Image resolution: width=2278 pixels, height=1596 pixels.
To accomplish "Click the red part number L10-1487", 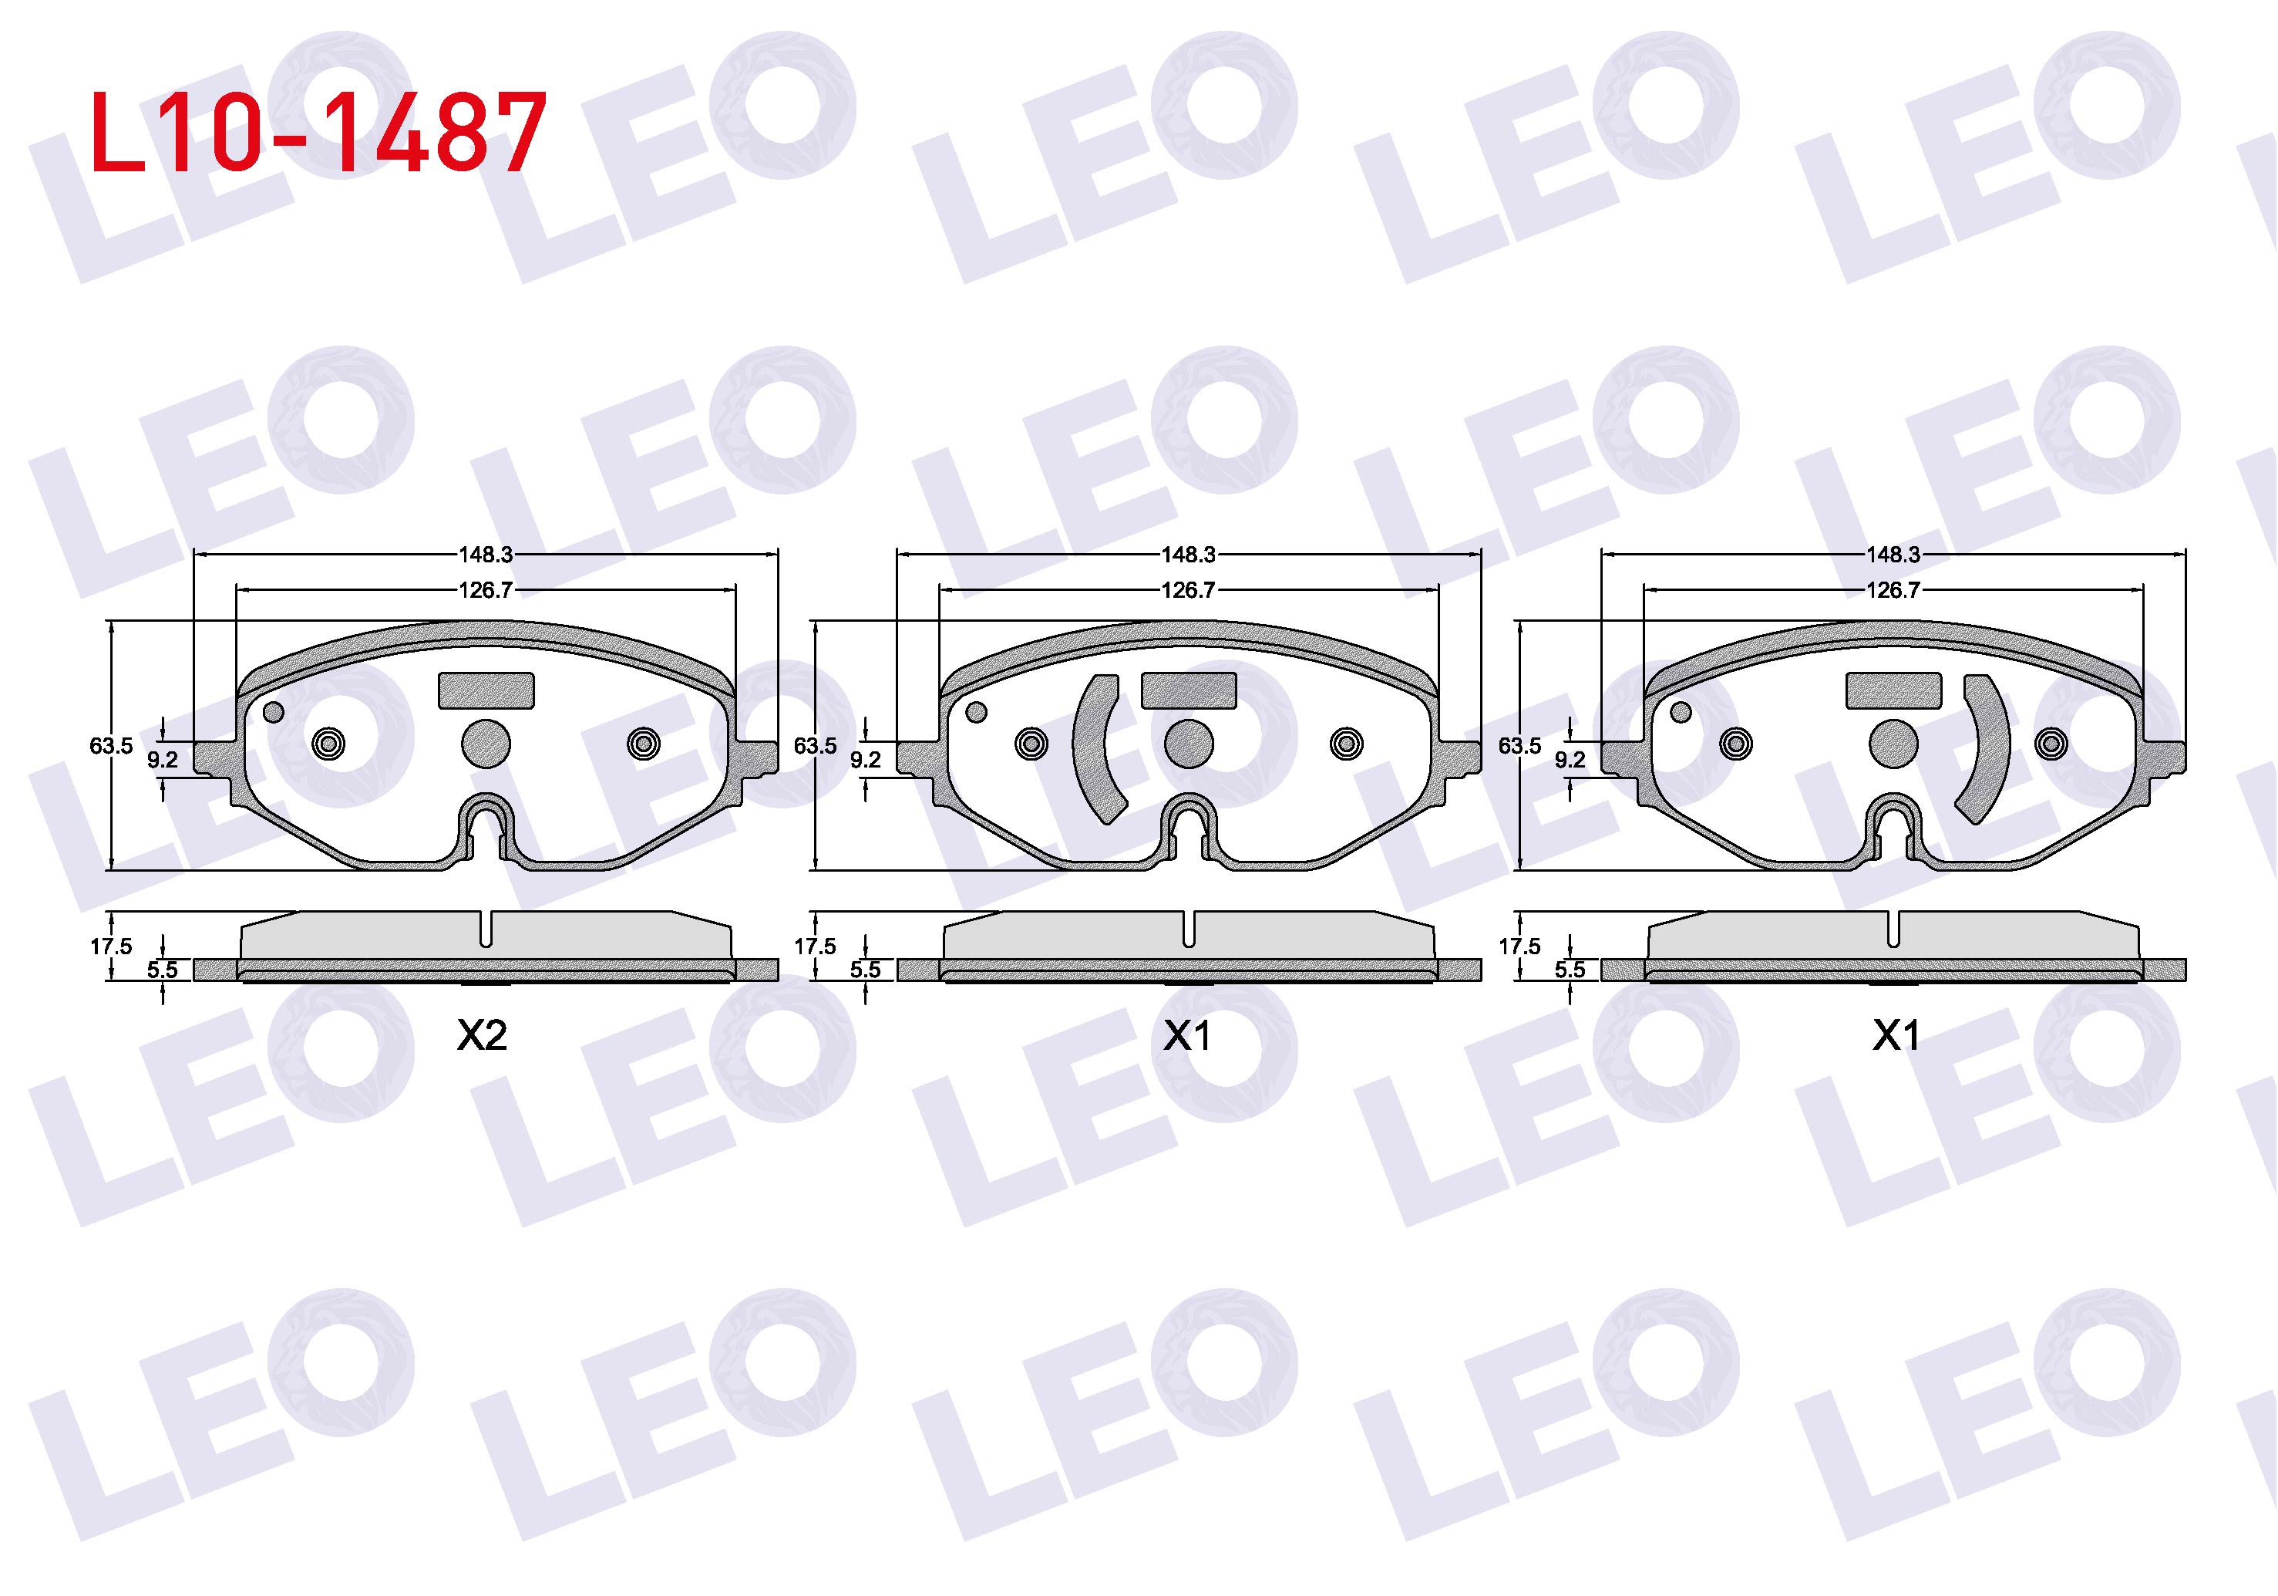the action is click(x=318, y=132).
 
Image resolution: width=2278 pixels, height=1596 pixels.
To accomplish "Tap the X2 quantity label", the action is click(x=482, y=1036).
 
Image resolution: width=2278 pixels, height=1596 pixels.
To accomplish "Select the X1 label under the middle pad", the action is click(x=1186, y=1036).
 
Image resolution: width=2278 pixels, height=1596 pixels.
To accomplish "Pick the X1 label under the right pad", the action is click(x=1895, y=1036).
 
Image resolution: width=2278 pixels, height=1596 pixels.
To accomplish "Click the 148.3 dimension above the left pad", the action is click(x=485, y=555).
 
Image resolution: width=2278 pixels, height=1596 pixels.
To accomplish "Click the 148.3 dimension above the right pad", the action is click(x=1893, y=555).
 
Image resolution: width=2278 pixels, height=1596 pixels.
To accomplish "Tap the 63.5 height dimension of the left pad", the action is click(x=110, y=745).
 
